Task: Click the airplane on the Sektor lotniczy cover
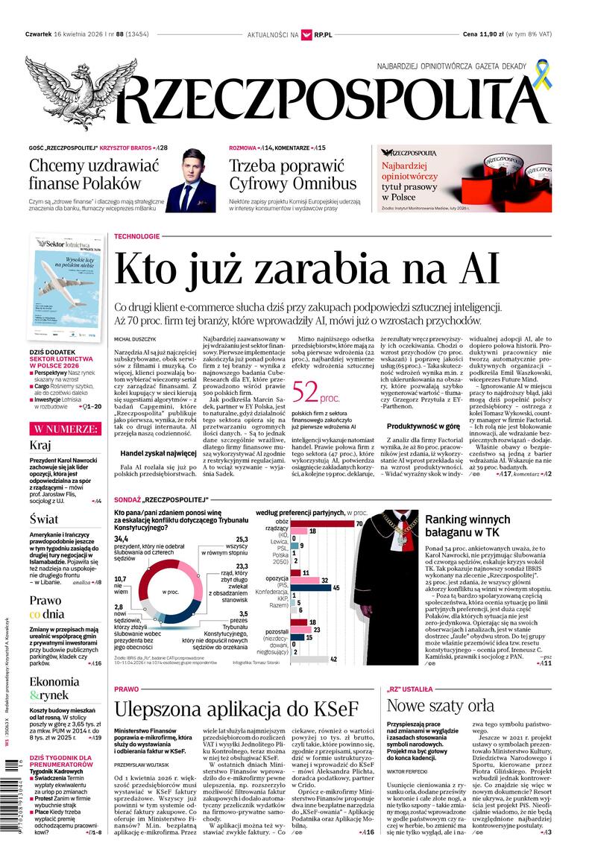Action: click(x=66, y=282)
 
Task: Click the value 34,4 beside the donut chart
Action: click(x=122, y=539)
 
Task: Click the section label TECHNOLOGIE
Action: click(x=136, y=236)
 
